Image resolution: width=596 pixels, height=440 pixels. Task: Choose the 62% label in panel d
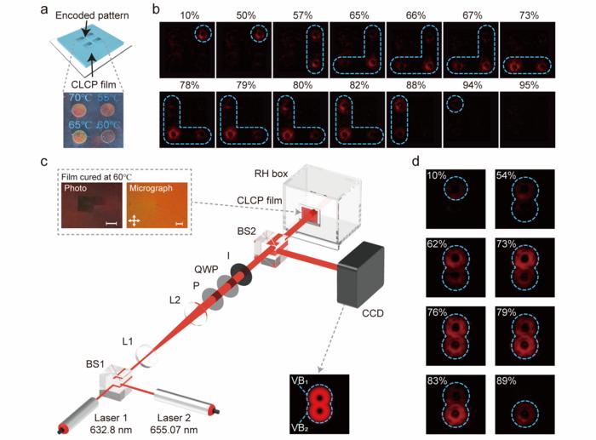pyautogui.click(x=442, y=244)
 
